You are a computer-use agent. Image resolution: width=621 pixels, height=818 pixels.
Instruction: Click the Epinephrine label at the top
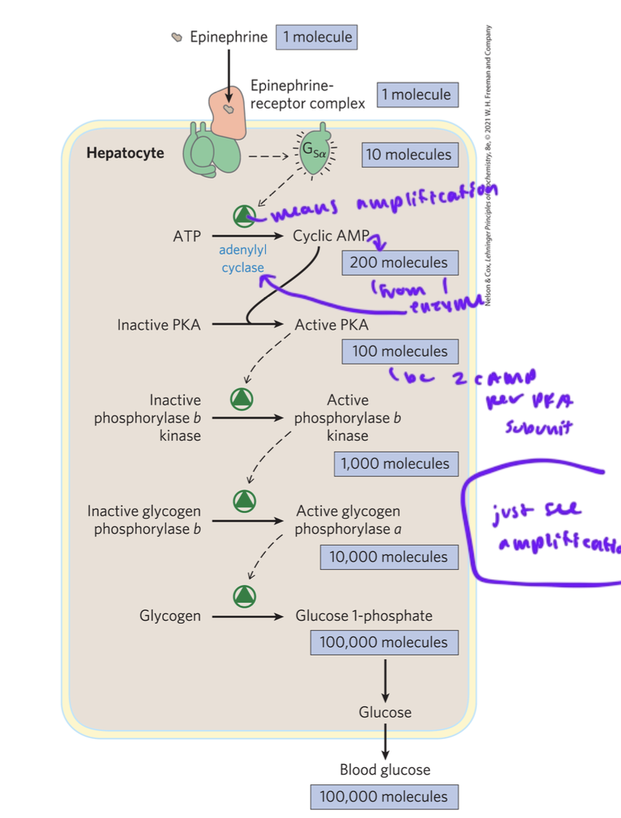[229, 36]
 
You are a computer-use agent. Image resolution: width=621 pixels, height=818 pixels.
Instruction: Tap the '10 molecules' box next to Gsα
[408, 154]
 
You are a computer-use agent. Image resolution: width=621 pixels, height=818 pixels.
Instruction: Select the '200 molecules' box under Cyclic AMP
[398, 262]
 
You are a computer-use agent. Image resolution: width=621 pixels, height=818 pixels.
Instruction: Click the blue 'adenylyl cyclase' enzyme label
[241, 259]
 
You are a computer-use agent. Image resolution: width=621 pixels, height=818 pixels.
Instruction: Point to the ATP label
[187, 236]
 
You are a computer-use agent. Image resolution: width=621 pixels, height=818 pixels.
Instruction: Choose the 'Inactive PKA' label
[159, 325]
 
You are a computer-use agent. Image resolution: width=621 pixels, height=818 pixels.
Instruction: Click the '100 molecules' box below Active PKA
[399, 351]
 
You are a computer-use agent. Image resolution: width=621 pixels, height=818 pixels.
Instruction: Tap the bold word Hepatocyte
[125, 152]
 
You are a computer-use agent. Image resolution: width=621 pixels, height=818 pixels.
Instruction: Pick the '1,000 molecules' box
[395, 464]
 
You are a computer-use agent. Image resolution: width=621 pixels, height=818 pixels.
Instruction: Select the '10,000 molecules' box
[388, 556]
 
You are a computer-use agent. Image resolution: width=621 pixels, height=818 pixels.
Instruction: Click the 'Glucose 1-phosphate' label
[364, 615]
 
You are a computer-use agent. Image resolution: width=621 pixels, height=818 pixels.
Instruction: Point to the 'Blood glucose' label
[385, 770]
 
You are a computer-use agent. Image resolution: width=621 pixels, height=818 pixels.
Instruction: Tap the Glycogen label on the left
[170, 616]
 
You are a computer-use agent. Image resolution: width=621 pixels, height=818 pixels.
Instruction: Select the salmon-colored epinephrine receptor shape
[226, 113]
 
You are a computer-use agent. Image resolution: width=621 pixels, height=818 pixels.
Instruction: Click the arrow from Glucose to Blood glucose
[385, 741]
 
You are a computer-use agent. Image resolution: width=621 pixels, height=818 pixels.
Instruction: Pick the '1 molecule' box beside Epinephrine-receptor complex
[416, 94]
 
